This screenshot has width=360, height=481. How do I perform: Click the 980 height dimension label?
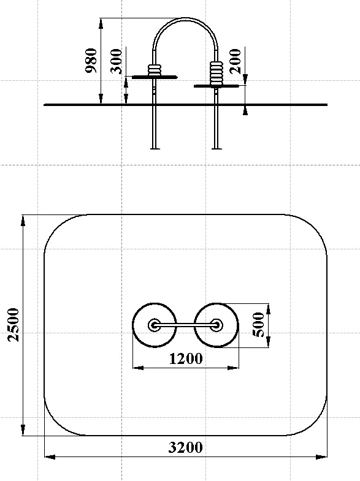(x=91, y=61)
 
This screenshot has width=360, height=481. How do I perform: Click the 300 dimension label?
(x=117, y=61)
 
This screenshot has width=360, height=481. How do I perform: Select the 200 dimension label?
(x=236, y=61)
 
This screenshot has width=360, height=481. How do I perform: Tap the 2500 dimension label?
(x=13, y=325)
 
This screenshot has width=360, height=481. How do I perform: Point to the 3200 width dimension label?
(x=186, y=447)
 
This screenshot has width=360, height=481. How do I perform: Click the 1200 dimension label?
(x=186, y=358)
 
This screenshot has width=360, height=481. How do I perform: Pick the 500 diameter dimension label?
(x=258, y=325)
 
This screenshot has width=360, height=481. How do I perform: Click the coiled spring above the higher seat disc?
(x=155, y=70)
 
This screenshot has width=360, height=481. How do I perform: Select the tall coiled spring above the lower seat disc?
(x=216, y=73)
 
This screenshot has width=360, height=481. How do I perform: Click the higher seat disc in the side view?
(x=155, y=77)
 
